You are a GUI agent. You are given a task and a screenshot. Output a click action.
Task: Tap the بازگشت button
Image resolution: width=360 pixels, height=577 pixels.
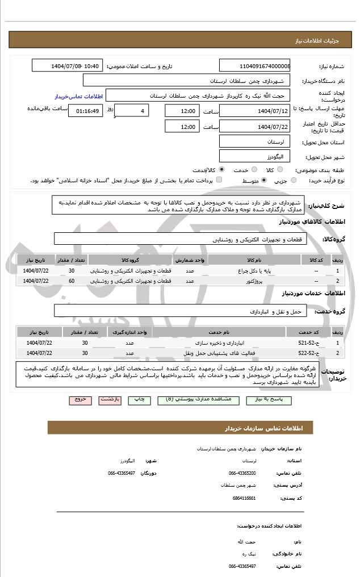coord(110,400)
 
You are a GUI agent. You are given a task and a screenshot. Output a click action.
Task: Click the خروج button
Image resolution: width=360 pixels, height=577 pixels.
coord(80,400)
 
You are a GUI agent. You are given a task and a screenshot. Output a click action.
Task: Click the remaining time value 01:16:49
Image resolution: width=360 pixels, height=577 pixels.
coord(85,111)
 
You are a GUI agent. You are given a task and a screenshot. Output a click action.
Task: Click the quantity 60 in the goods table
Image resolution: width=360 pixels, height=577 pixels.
coord(72,281)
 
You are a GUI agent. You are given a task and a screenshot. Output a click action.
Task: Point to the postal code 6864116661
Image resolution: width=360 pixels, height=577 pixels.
coord(244,497)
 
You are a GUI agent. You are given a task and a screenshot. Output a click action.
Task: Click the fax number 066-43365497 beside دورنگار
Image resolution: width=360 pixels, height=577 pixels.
coord(122,473)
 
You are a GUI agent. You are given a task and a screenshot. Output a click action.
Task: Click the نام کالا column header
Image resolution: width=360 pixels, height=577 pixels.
coord(254,260)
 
